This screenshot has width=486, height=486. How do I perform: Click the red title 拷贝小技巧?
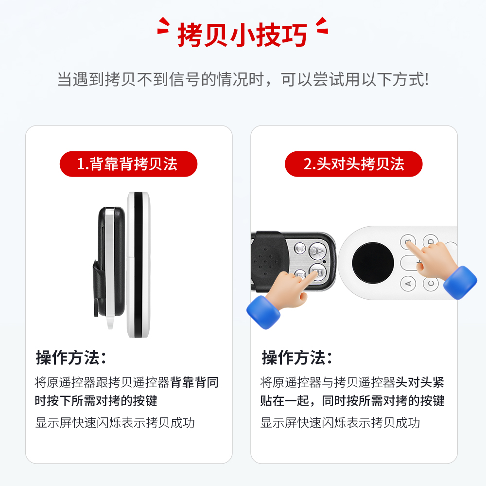click(x=243, y=35)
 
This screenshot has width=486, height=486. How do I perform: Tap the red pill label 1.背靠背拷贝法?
click(x=128, y=164)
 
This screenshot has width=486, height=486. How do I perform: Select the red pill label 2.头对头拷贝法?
click(x=353, y=164)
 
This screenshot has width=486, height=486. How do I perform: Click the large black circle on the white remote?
click(x=373, y=263)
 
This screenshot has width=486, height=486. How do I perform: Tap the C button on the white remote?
click(x=431, y=283)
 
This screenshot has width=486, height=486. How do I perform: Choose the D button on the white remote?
click(x=431, y=241)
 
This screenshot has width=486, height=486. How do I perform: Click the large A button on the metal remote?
click(x=317, y=251)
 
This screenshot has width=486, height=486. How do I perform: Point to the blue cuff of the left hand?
click(x=263, y=312)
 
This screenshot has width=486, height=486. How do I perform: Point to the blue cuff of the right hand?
click(x=460, y=283)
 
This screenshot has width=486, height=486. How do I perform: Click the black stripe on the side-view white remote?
click(x=138, y=265)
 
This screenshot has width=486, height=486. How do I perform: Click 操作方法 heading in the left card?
click(x=71, y=358)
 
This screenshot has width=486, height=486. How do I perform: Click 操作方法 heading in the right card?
click(x=297, y=358)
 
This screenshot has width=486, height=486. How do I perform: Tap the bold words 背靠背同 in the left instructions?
click(x=194, y=382)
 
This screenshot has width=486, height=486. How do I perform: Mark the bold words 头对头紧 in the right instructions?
click(x=420, y=382)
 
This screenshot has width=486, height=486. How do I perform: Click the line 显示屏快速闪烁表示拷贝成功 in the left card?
click(x=115, y=423)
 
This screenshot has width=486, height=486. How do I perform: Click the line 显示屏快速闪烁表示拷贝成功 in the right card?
click(x=340, y=423)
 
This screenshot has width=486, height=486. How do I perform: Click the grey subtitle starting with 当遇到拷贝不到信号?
click(x=243, y=79)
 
